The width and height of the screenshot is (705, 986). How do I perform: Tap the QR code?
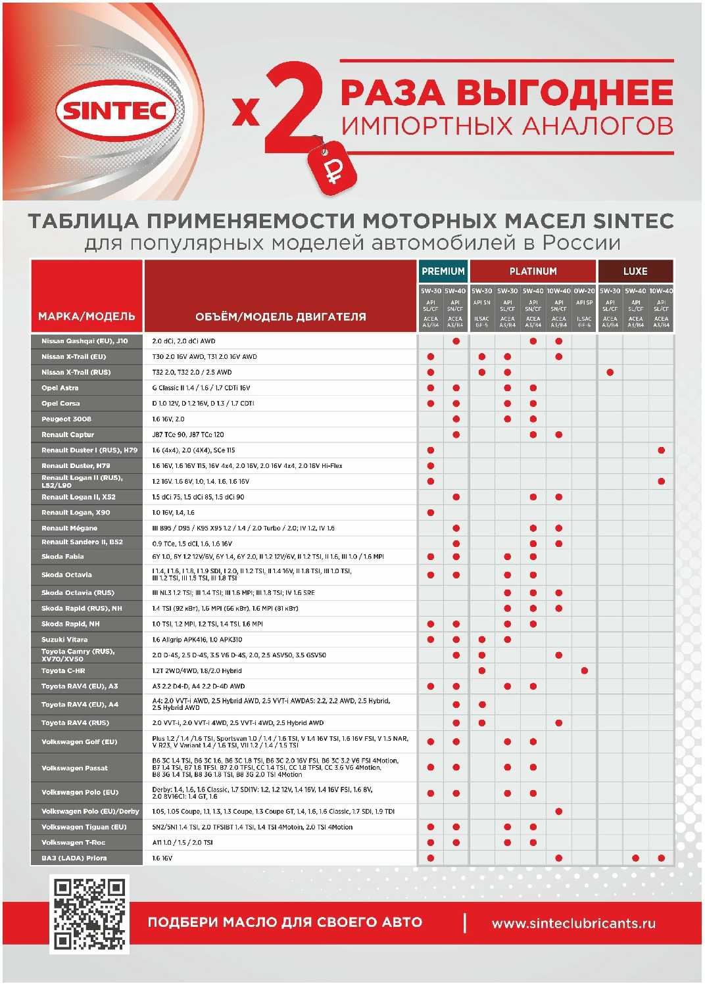click(x=89, y=914)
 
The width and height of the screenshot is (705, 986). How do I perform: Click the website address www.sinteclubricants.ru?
click(x=573, y=924)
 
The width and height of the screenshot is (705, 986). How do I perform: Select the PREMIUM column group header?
click(x=443, y=271)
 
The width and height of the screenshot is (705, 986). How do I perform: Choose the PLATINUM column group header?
click(x=533, y=271)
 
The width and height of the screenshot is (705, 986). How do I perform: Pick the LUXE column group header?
click(x=635, y=271)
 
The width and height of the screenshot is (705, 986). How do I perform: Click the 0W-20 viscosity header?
click(x=584, y=291)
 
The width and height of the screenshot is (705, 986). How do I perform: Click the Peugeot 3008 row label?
click(x=66, y=419)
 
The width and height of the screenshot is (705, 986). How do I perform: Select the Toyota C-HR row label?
click(x=63, y=670)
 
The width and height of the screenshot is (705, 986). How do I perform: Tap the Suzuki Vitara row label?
click(x=64, y=640)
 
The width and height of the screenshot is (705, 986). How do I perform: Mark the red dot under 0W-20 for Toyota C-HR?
click(x=584, y=670)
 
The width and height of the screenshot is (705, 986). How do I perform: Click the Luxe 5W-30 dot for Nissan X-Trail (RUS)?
click(x=610, y=372)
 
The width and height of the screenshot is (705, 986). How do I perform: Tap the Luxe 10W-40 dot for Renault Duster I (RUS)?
click(x=661, y=450)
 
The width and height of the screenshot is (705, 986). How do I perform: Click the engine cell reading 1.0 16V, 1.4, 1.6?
click(x=174, y=513)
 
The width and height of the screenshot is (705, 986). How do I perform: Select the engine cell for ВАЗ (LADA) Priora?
click(x=162, y=858)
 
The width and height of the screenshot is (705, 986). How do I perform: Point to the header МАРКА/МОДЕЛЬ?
click(x=87, y=316)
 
